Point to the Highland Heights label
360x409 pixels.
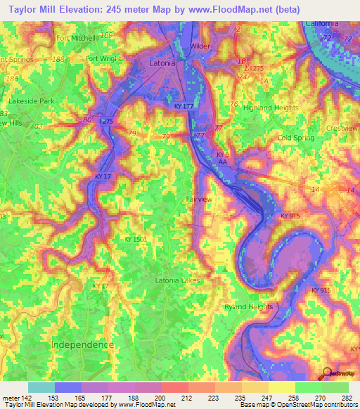(x=250, y=108)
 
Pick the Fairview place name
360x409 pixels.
(x=199, y=200)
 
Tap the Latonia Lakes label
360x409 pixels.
(x=177, y=280)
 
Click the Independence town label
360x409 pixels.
(x=82, y=345)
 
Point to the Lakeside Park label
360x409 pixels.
(x=31, y=101)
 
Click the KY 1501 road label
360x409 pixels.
(x=135, y=240)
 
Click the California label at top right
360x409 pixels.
(x=321, y=23)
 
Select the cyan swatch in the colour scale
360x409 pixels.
(x=41, y=387)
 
